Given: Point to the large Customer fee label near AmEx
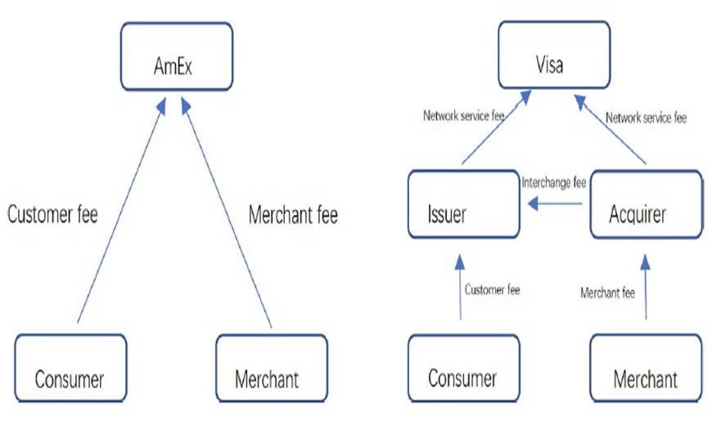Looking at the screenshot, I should pos(52,215).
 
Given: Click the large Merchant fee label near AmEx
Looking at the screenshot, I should pos(293,215).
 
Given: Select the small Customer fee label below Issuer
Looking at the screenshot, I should pos(492,289).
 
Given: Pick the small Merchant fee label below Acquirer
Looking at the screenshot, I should pos(606,292).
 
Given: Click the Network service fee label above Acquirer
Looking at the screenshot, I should pos(646,118).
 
